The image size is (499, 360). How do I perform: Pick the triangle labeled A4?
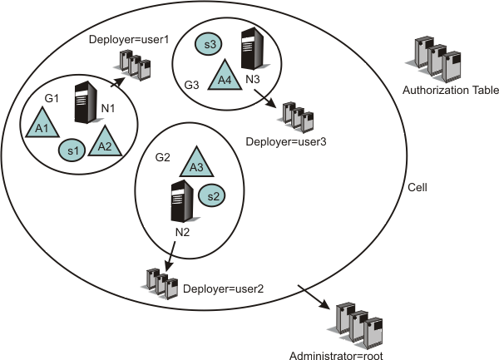click(223, 77)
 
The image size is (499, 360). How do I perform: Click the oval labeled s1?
click(72, 150)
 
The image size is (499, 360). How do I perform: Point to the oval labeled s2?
click(211, 195)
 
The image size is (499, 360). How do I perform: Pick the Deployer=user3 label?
click(286, 142)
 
